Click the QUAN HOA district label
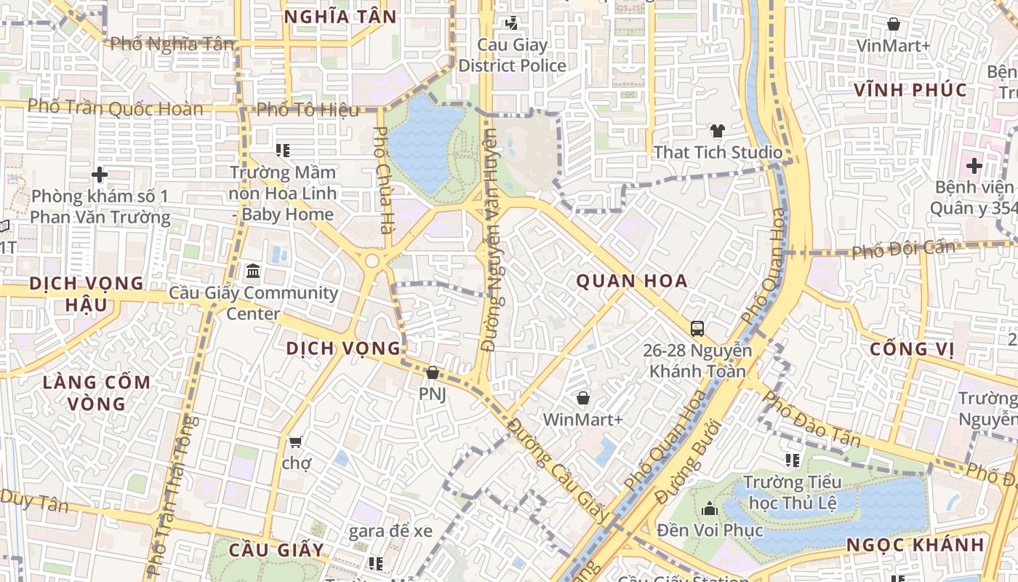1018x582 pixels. (632, 281)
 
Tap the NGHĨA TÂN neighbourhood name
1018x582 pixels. (340, 17)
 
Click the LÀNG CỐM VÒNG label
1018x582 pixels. (96, 392)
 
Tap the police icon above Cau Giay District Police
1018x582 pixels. (512, 23)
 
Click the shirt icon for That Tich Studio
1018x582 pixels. (718, 131)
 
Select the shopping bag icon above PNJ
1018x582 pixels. (432, 372)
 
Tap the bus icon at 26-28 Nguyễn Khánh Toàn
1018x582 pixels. (697, 329)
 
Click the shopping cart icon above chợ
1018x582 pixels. (295, 442)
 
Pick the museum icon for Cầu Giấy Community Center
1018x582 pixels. (253, 271)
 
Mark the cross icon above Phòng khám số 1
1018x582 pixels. (100, 175)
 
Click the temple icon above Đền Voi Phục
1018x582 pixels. (710, 509)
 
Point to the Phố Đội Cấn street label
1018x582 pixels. (903, 250)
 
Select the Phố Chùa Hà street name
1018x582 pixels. (381, 180)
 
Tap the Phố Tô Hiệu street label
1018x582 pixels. (308, 110)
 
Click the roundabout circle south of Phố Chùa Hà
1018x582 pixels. (372, 260)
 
